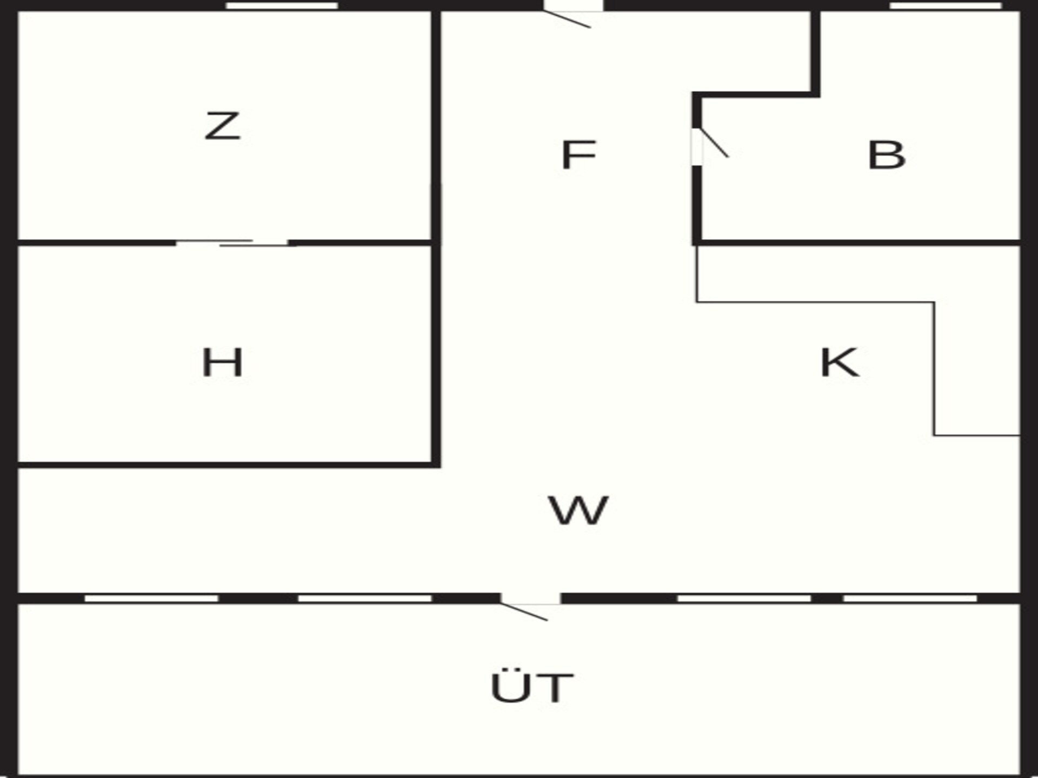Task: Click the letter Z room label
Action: point(222,126)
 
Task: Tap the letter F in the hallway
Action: point(578,155)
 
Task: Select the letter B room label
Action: point(887,155)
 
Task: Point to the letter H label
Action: point(222,362)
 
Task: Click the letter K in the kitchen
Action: point(840,363)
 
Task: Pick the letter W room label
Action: point(578,510)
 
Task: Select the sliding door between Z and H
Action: point(232,243)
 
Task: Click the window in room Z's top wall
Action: point(282,6)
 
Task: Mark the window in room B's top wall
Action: point(946,6)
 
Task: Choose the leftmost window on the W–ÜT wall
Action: point(151,598)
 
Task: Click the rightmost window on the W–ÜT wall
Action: point(910,598)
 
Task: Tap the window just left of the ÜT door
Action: point(365,598)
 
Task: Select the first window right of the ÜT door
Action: point(744,598)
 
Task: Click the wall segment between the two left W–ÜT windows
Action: point(258,598)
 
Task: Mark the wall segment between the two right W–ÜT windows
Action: point(827,598)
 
